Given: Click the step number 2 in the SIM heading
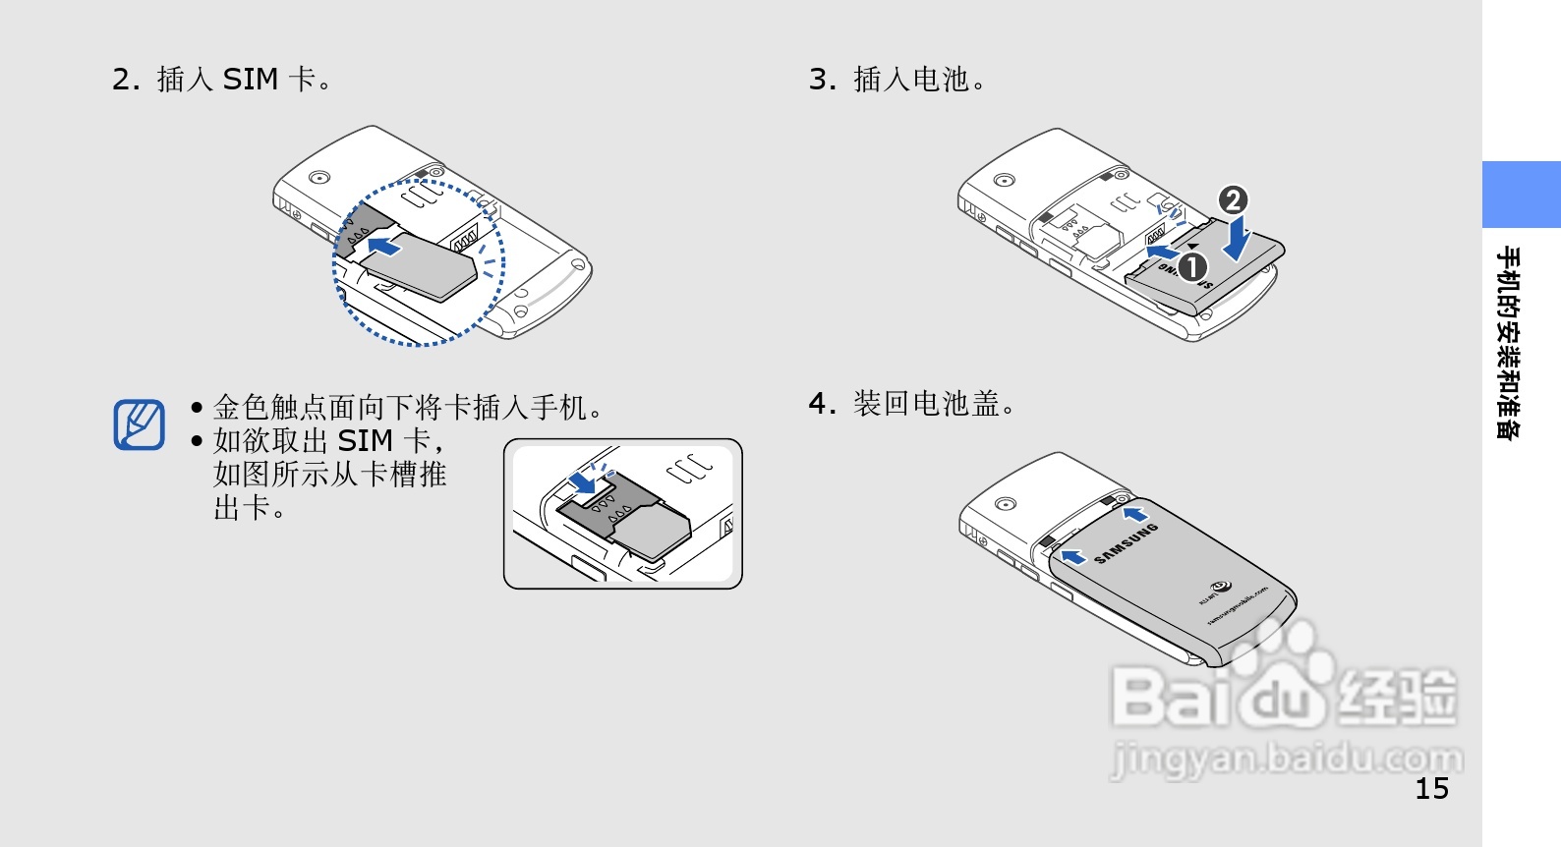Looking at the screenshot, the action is (x=122, y=80).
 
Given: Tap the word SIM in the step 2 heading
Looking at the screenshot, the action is (x=251, y=79).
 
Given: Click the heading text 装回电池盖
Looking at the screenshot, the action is (x=926, y=404).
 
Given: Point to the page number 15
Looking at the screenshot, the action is (x=1431, y=788).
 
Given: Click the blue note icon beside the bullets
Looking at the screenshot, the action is (x=139, y=424).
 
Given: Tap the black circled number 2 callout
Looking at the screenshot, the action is (x=1233, y=200).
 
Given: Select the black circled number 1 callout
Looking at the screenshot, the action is (x=1191, y=266).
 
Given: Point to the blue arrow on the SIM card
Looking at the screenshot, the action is (x=384, y=246).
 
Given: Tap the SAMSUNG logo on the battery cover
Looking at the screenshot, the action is (x=1127, y=543).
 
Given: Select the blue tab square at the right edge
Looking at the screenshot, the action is (x=1521, y=195).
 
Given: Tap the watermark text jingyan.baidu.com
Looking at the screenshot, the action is (x=1286, y=759).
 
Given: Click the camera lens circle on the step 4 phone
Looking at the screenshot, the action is (x=1004, y=504).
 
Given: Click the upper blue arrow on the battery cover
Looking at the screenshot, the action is (x=1135, y=513).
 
